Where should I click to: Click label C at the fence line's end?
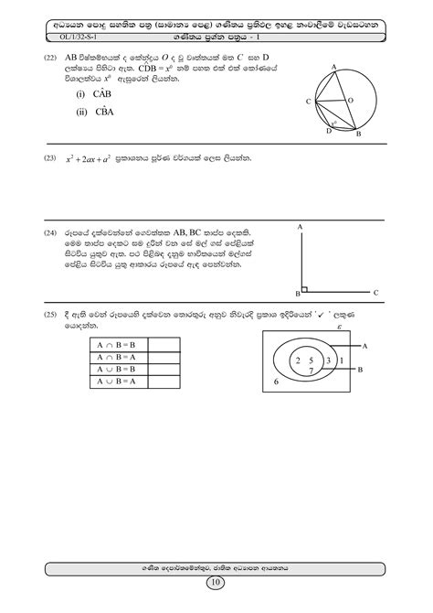pos(376,293)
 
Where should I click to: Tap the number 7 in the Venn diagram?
pos(312,371)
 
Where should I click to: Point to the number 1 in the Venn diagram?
pos(341,360)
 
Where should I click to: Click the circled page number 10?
pos(216,583)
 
